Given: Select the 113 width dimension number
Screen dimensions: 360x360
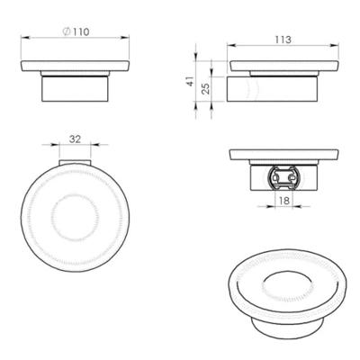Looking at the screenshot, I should pos(282,39).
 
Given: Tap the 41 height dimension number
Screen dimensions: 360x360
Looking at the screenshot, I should pos(190,82).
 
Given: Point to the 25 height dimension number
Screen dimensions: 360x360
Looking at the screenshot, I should pos(205,89).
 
